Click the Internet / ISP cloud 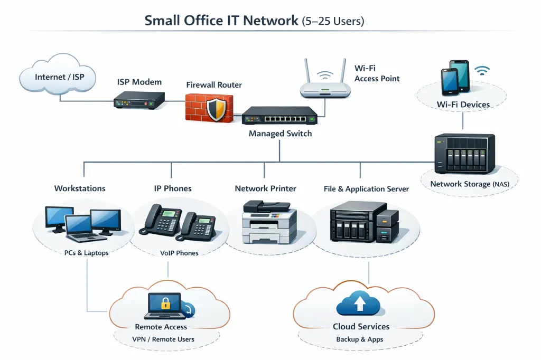pos(59,78)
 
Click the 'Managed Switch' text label pos(280,134)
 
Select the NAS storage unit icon pos(464,154)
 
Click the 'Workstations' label pos(80,188)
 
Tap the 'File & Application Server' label pos(366,189)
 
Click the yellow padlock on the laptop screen pos(165,304)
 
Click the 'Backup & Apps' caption pos(359,339)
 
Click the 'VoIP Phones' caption pos(179,253)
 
